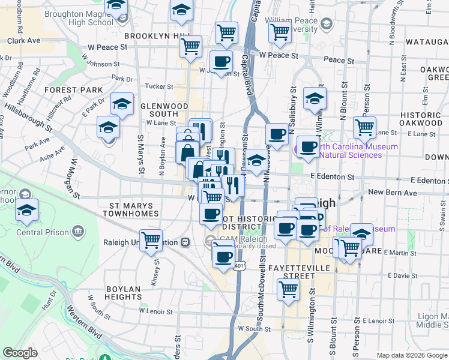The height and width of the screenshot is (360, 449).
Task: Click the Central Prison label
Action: (42, 232)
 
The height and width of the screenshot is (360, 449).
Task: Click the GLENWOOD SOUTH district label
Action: (164, 109)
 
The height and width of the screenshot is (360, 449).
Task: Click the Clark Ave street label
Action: (23, 41)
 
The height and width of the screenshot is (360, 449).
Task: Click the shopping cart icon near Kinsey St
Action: (151, 241)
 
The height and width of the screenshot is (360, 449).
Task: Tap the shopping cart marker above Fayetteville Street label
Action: (289, 289)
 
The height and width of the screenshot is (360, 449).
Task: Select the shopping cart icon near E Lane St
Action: (364, 127)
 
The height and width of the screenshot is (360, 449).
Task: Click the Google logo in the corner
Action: (20, 353)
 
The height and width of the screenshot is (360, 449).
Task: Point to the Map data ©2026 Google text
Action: (412, 355)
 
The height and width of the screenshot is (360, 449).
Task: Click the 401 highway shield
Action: (240, 265)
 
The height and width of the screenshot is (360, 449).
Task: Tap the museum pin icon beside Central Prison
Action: (79, 232)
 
